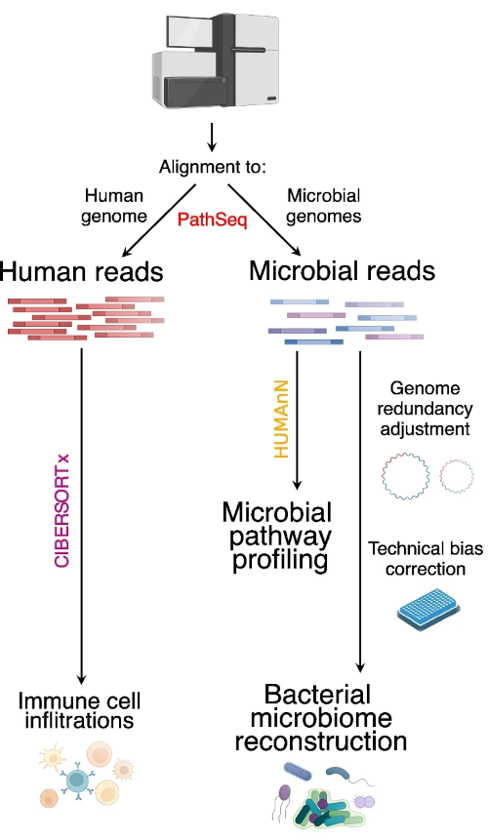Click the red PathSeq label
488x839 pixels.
click(213, 220)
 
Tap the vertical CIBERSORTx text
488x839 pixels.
click(62, 510)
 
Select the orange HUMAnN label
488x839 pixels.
click(281, 419)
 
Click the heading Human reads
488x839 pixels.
click(82, 271)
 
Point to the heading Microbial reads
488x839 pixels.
click(342, 271)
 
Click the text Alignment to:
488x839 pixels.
click(213, 167)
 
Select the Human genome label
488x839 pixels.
click(114, 206)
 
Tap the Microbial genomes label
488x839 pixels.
click(324, 206)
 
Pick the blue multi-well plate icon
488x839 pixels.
click(429, 610)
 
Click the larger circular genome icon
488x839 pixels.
click(406, 476)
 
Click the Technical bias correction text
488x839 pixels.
click(426, 559)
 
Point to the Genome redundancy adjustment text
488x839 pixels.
click(425, 409)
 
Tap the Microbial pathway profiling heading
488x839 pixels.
click(277, 537)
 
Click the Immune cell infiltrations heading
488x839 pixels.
click(79, 710)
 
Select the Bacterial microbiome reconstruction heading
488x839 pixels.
click(320, 718)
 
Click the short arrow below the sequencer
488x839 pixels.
click(212, 137)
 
